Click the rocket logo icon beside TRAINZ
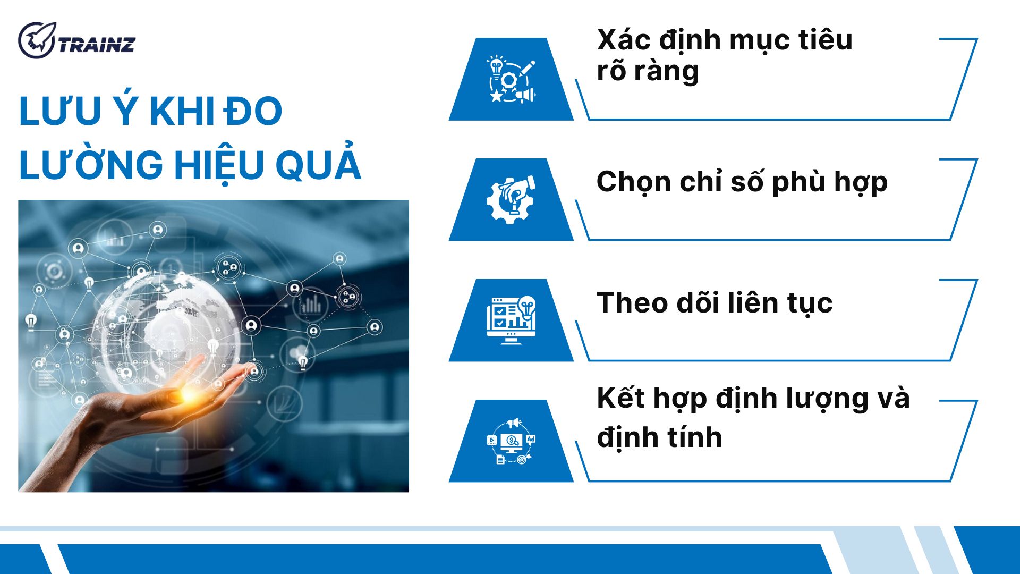(36, 40)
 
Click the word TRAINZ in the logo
(97, 45)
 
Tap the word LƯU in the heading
(59, 112)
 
